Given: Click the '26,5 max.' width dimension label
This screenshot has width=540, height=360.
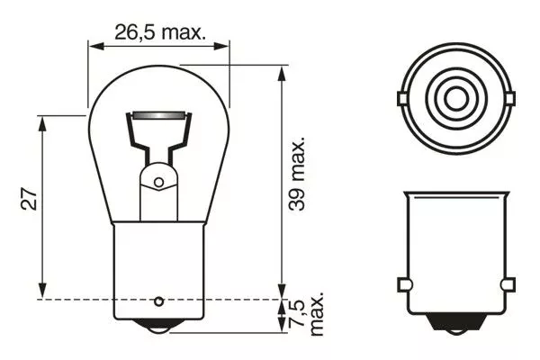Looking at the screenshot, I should point(159,32).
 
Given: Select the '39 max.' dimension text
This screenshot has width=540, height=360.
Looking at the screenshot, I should point(297,174).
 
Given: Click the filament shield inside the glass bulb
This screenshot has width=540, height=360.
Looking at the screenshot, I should point(160,117).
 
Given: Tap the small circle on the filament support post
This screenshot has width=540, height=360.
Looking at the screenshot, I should point(158,183).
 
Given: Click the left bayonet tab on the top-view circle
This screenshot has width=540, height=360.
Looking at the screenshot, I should point(402,95).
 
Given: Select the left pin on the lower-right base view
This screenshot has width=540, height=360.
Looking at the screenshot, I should point(404,285).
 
